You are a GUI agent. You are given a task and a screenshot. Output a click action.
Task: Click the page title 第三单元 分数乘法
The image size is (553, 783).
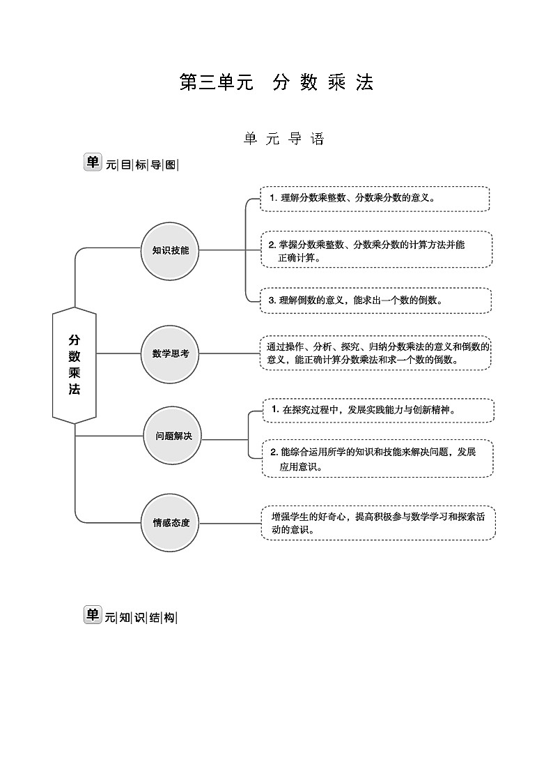tap(276, 82)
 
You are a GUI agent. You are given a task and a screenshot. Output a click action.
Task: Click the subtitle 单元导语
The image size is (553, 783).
tap(283, 139)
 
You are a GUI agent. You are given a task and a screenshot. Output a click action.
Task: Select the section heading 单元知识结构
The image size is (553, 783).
tap(132, 616)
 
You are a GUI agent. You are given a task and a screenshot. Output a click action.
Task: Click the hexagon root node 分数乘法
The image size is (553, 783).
tap(75, 365)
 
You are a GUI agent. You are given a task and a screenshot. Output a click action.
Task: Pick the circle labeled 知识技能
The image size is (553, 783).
tap(171, 250)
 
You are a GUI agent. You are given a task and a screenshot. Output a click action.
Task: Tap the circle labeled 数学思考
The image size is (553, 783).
tap(171, 354)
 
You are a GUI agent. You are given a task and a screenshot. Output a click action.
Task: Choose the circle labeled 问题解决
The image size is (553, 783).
tap(173, 436)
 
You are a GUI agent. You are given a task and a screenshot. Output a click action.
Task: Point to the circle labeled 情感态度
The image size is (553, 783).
tap(171, 522)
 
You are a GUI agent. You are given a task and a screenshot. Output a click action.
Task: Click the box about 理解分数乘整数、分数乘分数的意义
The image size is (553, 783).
tap(375, 199)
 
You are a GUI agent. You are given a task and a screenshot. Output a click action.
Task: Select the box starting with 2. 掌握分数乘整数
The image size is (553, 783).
tap(376, 250)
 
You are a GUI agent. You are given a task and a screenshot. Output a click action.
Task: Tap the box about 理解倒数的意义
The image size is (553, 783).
tap(375, 300)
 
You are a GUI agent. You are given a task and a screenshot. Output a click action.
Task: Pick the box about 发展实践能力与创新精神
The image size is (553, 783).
tap(378, 410)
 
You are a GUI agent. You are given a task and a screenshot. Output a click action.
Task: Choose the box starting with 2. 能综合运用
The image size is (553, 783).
tap(377, 458)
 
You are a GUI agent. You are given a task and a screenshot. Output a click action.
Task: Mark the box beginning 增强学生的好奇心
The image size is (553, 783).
tap(378, 523)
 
